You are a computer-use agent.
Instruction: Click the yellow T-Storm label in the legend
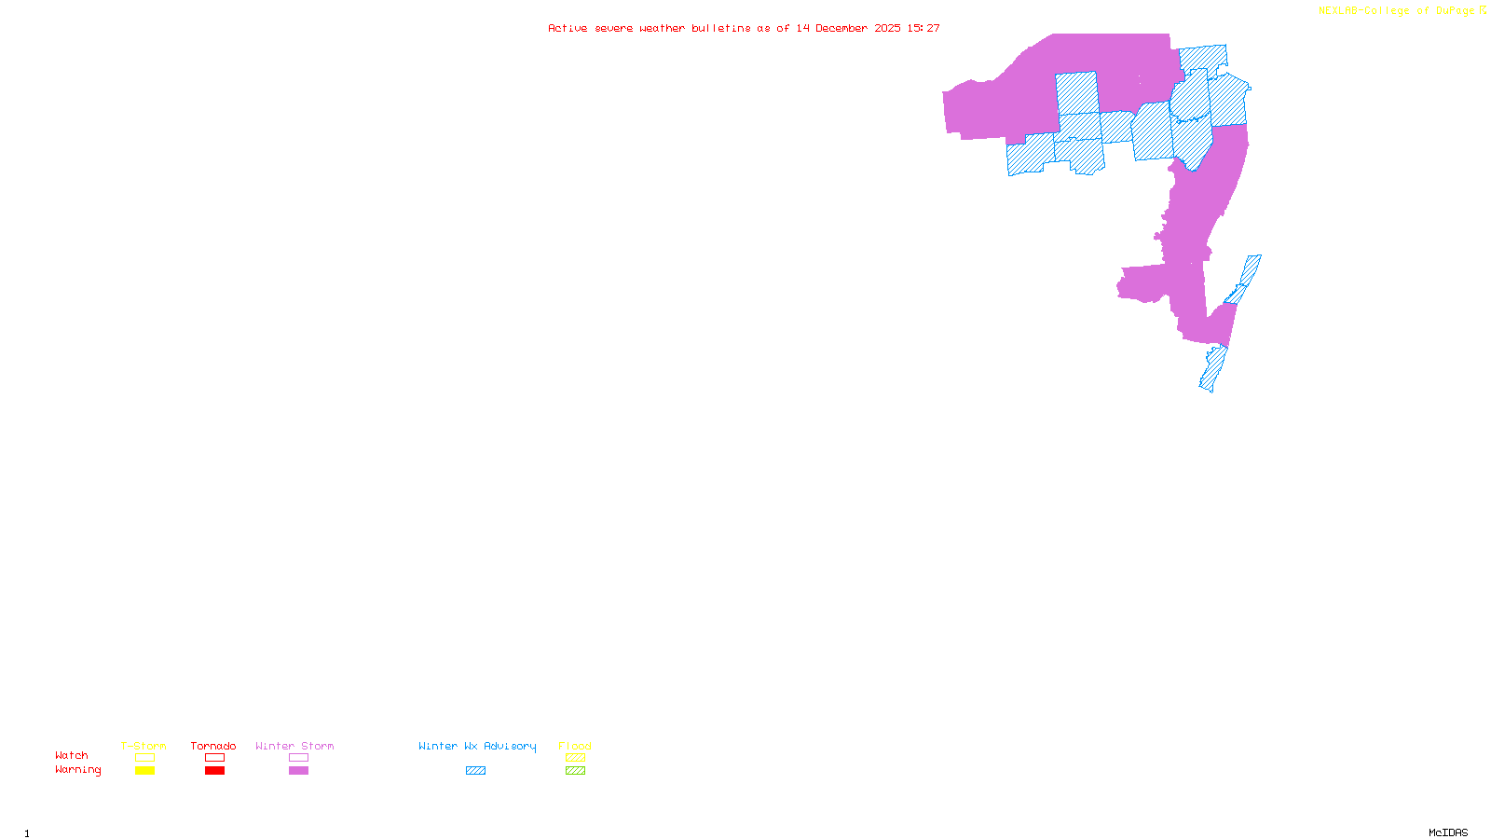[144, 746]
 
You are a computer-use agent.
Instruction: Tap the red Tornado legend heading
[213, 746]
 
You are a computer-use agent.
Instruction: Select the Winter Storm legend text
[294, 746]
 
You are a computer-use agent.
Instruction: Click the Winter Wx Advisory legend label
[477, 746]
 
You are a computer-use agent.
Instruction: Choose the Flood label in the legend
[575, 746]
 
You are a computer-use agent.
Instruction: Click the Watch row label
[72, 755]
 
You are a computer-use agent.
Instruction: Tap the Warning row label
[78, 770]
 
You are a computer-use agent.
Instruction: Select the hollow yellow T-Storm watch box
[144, 758]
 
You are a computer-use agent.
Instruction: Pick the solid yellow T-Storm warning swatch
[144, 771]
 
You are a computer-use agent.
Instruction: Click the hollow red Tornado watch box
[214, 758]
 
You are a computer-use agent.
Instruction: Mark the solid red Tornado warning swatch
[214, 771]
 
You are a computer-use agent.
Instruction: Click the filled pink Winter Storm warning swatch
[298, 771]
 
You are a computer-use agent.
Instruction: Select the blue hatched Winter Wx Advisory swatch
[475, 771]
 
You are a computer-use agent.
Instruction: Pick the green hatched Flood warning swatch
[575, 771]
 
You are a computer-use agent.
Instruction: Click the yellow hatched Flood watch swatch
[575, 758]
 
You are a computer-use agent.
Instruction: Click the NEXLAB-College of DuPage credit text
[1397, 11]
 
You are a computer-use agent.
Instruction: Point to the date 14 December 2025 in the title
[848, 28]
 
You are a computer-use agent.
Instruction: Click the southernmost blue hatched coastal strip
[1212, 369]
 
